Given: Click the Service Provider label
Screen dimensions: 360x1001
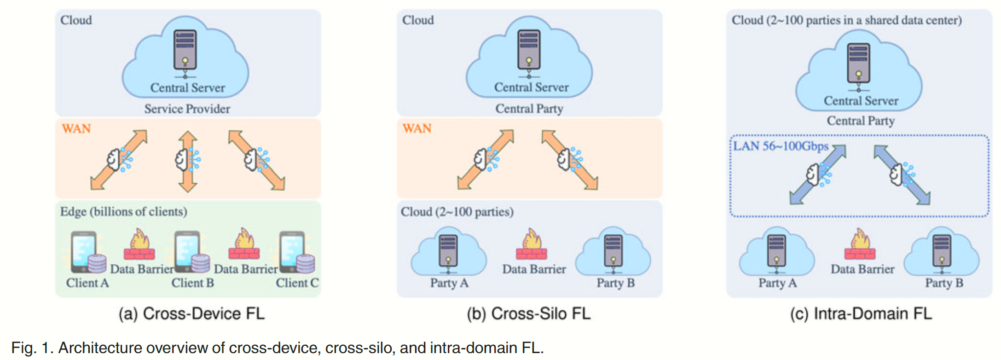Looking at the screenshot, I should (x=187, y=109).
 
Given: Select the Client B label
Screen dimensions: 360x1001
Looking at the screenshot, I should (x=192, y=283).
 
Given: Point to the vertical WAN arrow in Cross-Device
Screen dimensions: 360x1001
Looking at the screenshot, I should (x=188, y=161).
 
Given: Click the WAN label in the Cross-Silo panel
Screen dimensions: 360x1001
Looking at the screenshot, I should (x=417, y=128).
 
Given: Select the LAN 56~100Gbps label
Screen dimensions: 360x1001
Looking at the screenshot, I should (x=781, y=146).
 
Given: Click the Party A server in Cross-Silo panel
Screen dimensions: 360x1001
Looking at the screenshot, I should (x=448, y=251).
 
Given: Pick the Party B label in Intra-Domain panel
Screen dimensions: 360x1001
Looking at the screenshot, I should (x=944, y=283).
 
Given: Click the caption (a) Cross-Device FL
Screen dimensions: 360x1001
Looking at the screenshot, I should (x=191, y=314).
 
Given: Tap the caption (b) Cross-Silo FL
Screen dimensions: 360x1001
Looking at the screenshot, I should (x=528, y=314).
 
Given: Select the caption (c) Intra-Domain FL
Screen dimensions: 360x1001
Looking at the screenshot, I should (x=861, y=314).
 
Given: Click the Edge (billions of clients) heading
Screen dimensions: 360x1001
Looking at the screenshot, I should (x=123, y=212).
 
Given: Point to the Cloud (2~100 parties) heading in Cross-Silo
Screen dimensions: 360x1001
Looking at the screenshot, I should (x=457, y=212).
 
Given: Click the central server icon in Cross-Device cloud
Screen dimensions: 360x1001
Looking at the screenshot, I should (x=185, y=51).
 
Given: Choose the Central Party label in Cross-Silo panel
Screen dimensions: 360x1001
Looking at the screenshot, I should (x=529, y=109).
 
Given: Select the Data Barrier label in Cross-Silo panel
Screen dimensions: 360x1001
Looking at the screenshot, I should (x=534, y=269).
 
